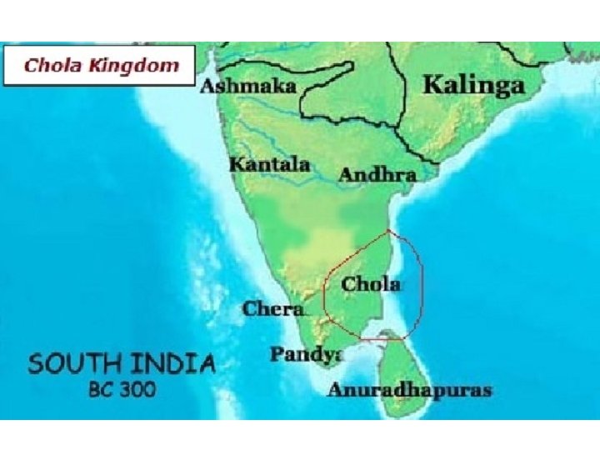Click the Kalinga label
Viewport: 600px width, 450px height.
click(473, 85)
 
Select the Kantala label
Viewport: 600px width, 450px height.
click(270, 164)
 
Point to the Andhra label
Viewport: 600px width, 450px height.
click(377, 176)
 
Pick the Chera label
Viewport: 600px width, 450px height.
click(272, 309)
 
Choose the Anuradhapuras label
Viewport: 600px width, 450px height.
click(409, 390)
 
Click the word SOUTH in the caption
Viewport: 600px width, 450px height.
click(72, 364)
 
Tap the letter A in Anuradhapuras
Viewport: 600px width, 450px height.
click(335, 390)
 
